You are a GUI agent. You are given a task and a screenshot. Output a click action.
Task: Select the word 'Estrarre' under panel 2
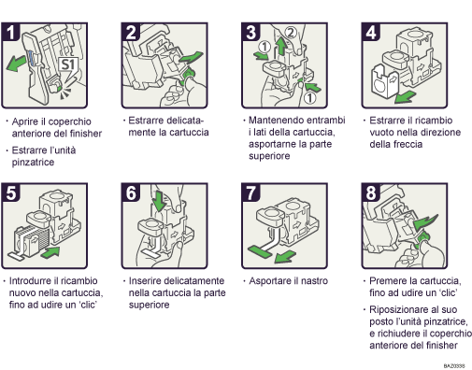click(147, 121)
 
